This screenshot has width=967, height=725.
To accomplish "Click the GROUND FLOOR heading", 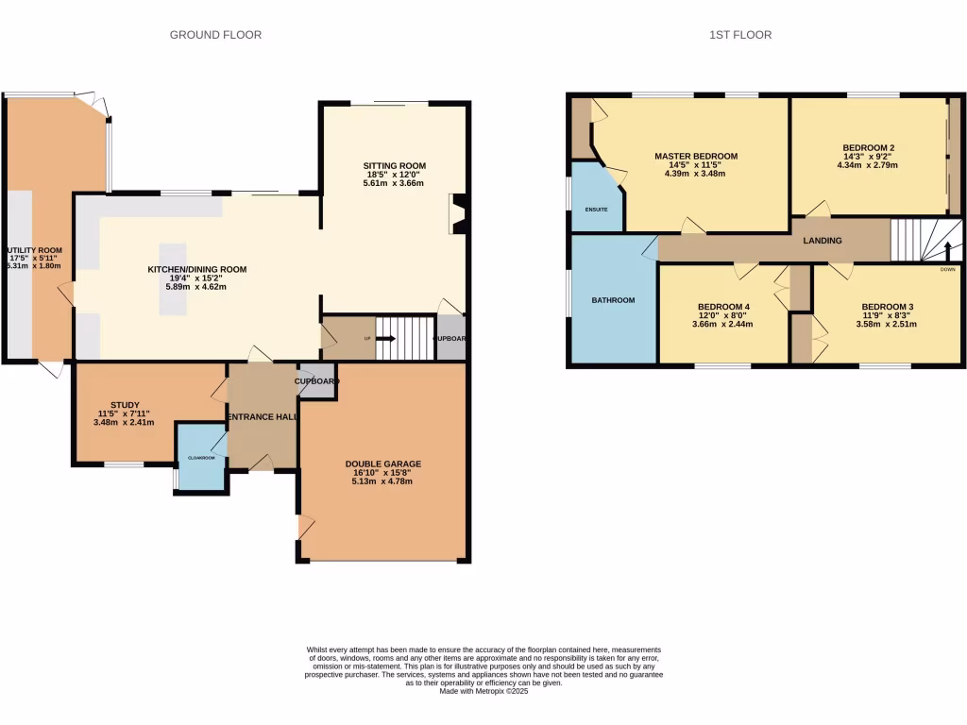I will (x=215, y=35).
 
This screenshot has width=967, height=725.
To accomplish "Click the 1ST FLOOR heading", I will (x=740, y=35).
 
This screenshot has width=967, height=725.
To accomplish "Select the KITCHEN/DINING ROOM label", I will (x=196, y=269).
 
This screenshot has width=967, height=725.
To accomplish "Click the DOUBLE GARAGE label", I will (x=382, y=464).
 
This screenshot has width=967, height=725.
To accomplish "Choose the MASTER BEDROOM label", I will (x=696, y=156).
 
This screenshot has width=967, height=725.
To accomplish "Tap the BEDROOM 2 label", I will (x=868, y=147).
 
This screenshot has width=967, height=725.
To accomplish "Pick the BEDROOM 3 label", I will (x=887, y=307).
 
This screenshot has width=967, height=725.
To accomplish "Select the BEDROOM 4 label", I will (x=723, y=307).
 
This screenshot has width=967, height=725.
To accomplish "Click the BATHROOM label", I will (x=613, y=300).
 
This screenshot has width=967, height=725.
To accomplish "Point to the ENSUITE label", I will (x=596, y=209).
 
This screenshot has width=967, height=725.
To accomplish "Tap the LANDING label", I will (x=822, y=241).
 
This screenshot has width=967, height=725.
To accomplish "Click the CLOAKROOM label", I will (x=201, y=458).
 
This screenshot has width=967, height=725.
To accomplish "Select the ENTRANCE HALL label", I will (x=262, y=417).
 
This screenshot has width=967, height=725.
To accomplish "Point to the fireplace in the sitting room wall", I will (x=459, y=213).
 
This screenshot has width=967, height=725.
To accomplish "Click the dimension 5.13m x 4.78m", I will (x=382, y=481).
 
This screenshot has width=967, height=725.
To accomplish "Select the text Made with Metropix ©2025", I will (x=483, y=690).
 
